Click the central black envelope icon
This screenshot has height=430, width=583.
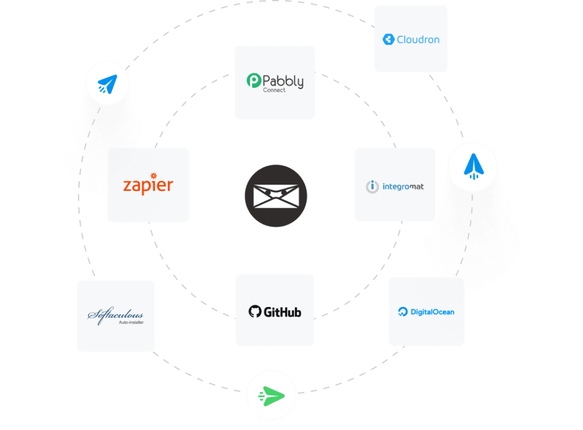(x=276, y=196)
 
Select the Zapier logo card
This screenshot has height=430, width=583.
(x=148, y=185)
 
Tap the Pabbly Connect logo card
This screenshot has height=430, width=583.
(x=275, y=82)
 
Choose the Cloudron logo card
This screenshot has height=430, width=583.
(x=410, y=39)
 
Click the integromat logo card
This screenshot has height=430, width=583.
(x=395, y=185)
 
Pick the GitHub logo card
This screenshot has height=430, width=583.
(x=274, y=310)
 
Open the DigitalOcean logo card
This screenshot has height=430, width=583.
(x=426, y=312)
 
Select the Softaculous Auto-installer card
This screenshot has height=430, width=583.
(x=116, y=316)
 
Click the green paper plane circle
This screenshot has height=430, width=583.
(x=271, y=395)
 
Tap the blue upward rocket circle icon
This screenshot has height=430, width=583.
(x=472, y=167)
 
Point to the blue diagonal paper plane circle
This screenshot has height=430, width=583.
(x=108, y=84)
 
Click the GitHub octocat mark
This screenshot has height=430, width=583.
(x=254, y=312)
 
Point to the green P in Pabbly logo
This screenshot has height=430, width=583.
(x=254, y=81)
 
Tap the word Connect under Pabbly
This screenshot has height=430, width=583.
(x=274, y=91)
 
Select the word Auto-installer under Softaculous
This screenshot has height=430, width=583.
(x=131, y=322)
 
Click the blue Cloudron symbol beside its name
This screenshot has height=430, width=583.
(x=389, y=40)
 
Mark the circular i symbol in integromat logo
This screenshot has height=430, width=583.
(x=372, y=186)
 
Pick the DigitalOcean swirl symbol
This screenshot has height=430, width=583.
(x=403, y=312)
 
